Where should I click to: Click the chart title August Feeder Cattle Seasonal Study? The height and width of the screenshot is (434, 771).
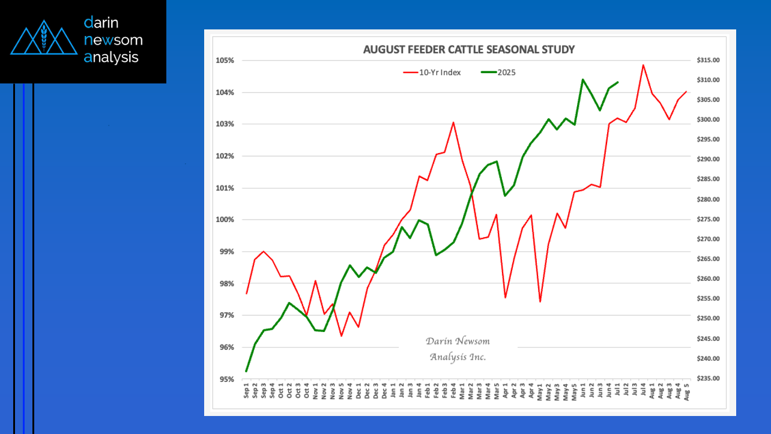[x=468, y=50]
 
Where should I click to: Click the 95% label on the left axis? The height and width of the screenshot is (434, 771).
[x=228, y=379]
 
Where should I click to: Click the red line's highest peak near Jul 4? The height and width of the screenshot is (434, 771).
[x=643, y=65]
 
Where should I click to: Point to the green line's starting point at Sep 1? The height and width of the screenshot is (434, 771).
[x=246, y=371]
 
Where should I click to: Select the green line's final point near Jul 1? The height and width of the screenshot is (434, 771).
[x=618, y=82]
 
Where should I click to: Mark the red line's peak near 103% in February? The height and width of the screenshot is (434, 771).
[x=453, y=122]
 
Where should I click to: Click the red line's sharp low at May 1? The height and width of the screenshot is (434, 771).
[x=540, y=301]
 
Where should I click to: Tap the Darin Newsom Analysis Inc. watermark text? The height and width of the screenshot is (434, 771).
[x=458, y=349]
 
